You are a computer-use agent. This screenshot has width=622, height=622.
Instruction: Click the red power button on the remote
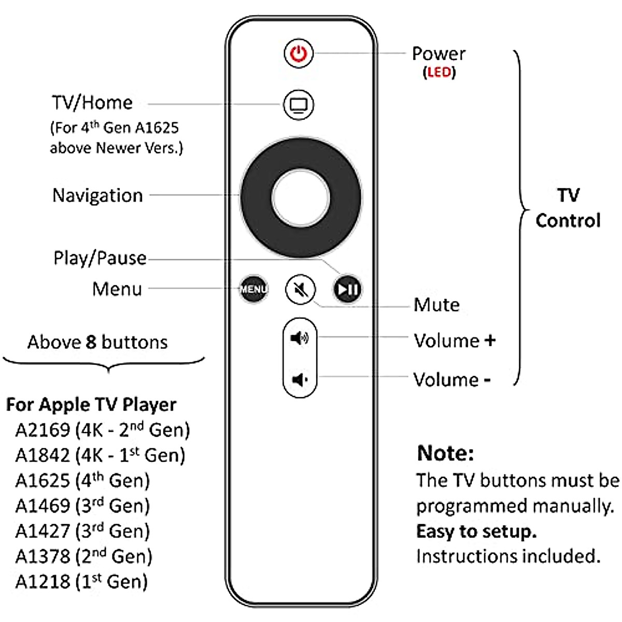pyautogui.click(x=299, y=53)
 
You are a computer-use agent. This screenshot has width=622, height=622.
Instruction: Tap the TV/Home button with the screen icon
pyautogui.click(x=299, y=105)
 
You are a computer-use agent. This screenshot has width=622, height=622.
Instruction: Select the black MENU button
pyautogui.click(x=253, y=289)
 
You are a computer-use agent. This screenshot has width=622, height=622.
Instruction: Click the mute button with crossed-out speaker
pyautogui.click(x=301, y=289)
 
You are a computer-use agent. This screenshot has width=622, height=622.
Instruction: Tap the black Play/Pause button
pyautogui.click(x=347, y=289)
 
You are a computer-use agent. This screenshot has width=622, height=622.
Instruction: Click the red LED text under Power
pyautogui.click(x=439, y=72)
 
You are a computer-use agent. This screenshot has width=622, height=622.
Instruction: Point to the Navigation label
pyautogui.click(x=97, y=195)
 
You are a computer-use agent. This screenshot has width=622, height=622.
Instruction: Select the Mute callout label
pyautogui.click(x=436, y=305)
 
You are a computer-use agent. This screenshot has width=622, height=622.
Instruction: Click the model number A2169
pyautogui.click(x=43, y=430)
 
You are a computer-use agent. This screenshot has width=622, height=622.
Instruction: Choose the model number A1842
pyautogui.click(x=43, y=455)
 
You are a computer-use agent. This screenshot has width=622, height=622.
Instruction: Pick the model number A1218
pyautogui.click(x=43, y=582)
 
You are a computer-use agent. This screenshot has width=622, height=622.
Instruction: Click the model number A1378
pyautogui.click(x=43, y=556)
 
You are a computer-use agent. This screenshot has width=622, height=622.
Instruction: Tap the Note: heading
pyautogui.click(x=445, y=453)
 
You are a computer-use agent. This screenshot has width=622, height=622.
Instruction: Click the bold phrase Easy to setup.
pyautogui.click(x=476, y=531)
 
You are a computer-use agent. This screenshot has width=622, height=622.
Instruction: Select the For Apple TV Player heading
pyautogui.click(x=91, y=404)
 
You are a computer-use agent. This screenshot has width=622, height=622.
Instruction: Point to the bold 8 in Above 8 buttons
pyautogui.click(x=91, y=342)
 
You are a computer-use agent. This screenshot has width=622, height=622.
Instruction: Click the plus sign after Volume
pyautogui.click(x=490, y=341)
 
